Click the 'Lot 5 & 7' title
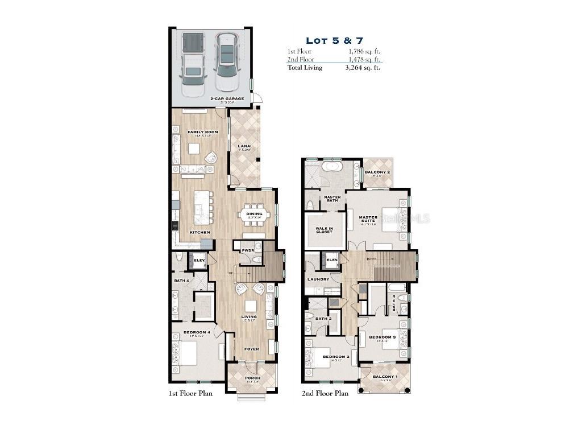pyautogui.click(x=334, y=40)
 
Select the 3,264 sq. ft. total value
pyautogui.click(x=363, y=68)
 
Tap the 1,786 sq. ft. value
pyautogui.click(x=364, y=51)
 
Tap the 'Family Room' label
pyautogui.click(x=203, y=132)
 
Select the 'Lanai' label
pyautogui.click(x=244, y=146)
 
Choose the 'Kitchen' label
pyautogui.click(x=199, y=232)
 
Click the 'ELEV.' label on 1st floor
pyautogui.click(x=199, y=261)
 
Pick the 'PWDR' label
pyautogui.click(x=248, y=250)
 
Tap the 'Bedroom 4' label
pyautogui.click(x=197, y=332)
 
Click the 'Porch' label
pyautogui.click(x=252, y=378)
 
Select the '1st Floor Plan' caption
pyautogui.click(x=190, y=393)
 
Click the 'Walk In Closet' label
pyautogui.click(x=324, y=230)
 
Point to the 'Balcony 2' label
pyautogui.click(x=377, y=172)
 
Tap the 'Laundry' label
pyautogui.click(x=318, y=279)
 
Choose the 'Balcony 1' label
pyautogui.click(x=385, y=377)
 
